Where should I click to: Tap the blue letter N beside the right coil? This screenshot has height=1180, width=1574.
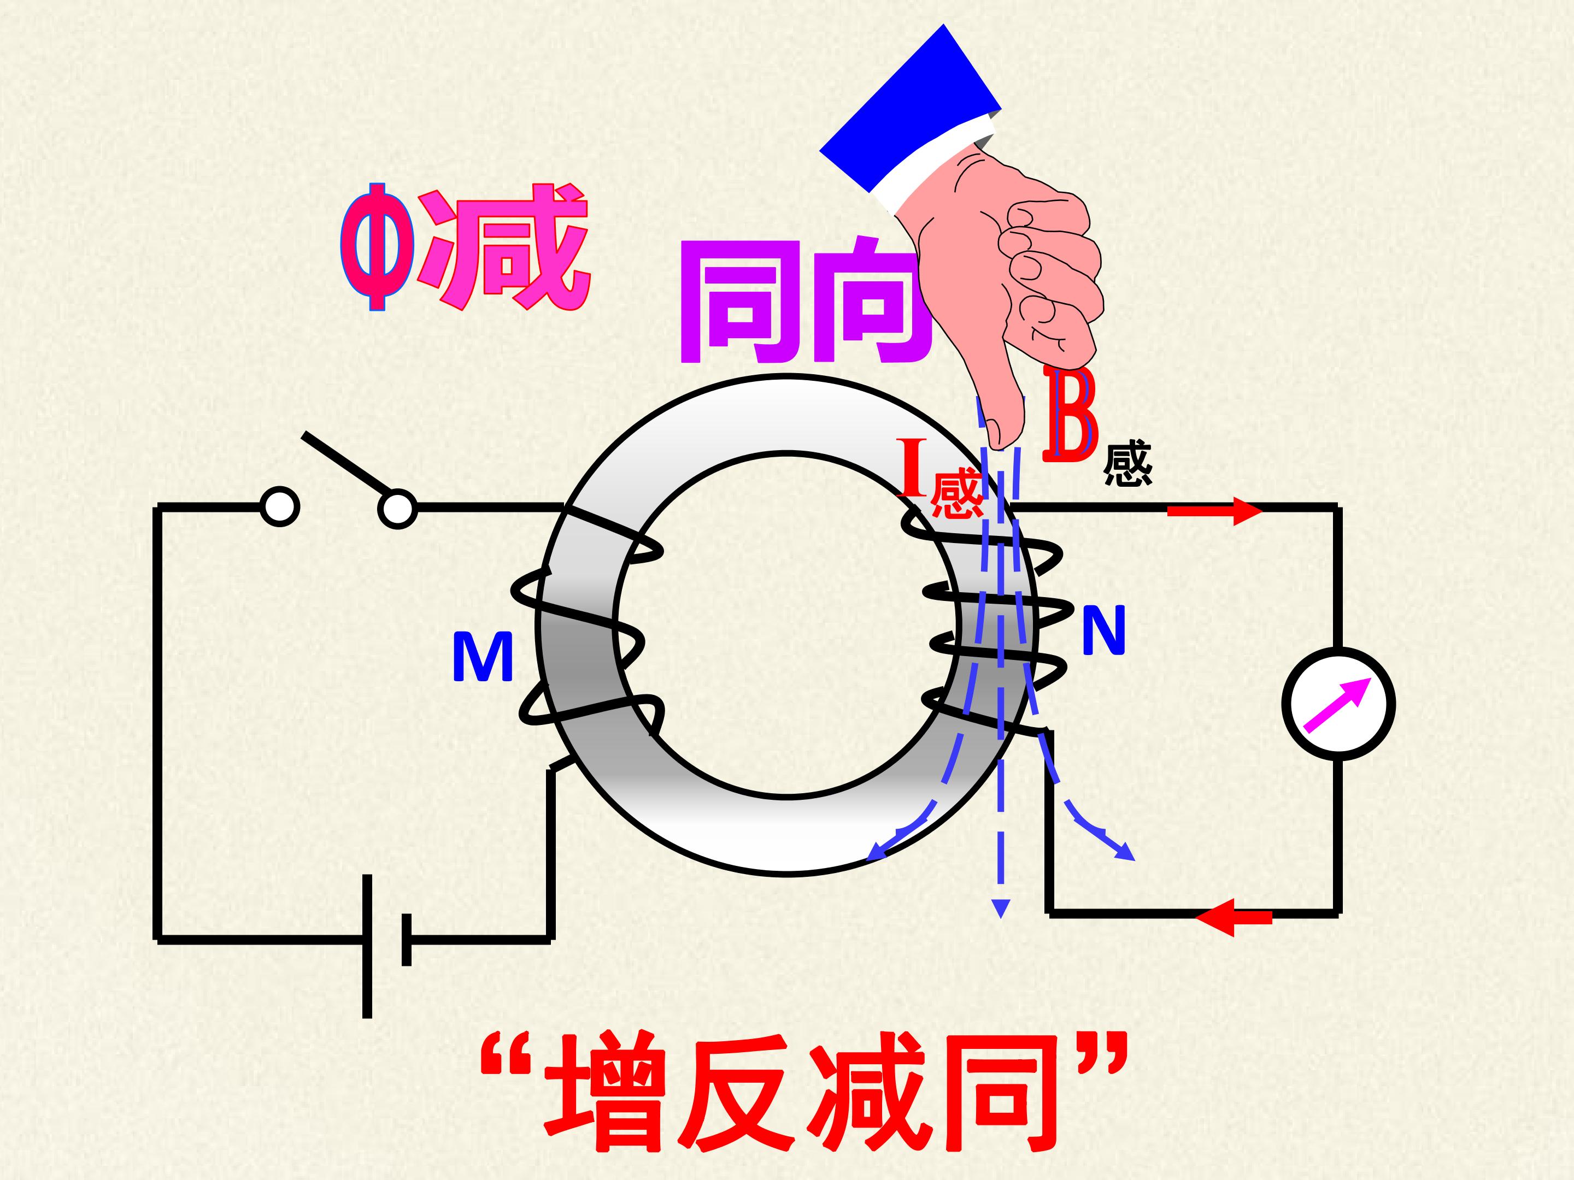pyautogui.click(x=1103, y=630)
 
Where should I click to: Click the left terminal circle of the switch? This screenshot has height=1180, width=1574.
pyautogui.click(x=280, y=507)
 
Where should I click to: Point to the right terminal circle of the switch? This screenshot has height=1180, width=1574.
pyautogui.click(x=398, y=509)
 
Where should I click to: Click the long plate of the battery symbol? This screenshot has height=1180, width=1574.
pyautogui.click(x=367, y=946)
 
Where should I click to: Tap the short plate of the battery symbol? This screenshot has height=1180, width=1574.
pyautogui.click(x=406, y=940)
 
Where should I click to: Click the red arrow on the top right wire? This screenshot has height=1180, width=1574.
pyautogui.click(x=1214, y=511)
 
